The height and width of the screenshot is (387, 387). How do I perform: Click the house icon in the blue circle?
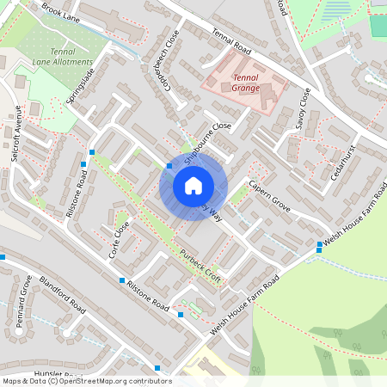193,185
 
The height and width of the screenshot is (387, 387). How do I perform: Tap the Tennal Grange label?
247,83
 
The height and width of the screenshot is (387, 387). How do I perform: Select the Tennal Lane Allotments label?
62,57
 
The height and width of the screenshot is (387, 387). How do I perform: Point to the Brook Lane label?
60,14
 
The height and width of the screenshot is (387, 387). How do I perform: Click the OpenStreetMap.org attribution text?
107,381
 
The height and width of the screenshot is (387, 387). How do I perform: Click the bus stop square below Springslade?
92,152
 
